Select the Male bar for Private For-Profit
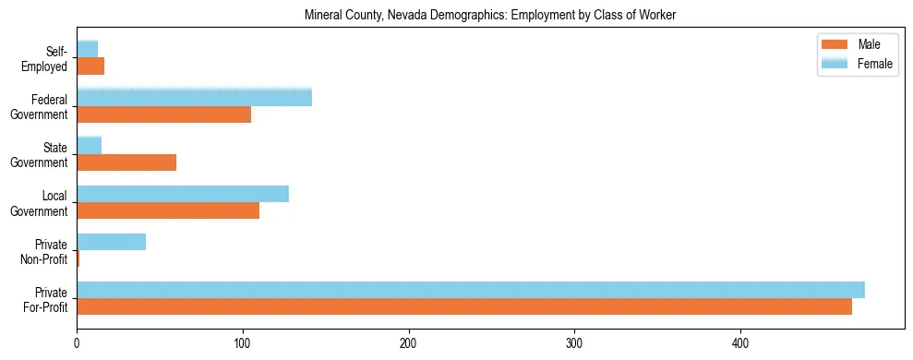pos(464,306)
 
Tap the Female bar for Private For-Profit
pos(471,290)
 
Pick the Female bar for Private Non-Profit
pos(111,242)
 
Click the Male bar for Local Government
pos(168,210)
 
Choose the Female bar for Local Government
pos(183,194)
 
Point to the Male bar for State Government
pos(126,162)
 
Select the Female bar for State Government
pos(89,146)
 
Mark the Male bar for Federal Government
pos(163,114)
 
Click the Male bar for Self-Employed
pos(90,66)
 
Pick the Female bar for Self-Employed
pos(87,50)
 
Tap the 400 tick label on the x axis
pos(740,342)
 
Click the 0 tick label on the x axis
pos(77,342)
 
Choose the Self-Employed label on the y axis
pos(49,58)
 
